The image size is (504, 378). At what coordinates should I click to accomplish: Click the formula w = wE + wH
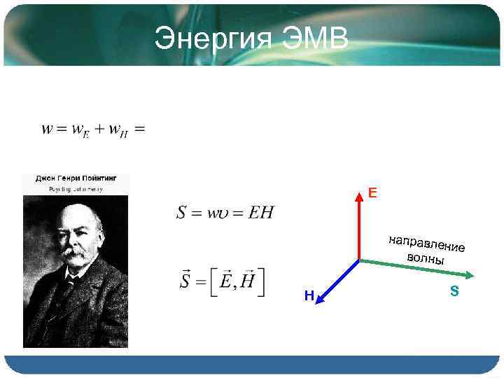[93, 129]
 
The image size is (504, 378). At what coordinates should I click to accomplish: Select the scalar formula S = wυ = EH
[225, 212]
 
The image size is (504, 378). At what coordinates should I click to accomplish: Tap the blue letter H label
[309, 297]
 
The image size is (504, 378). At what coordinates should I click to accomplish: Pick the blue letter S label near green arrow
[454, 290]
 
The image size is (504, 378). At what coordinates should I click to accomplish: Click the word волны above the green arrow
[425, 257]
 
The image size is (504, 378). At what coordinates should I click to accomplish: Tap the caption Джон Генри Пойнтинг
[76, 178]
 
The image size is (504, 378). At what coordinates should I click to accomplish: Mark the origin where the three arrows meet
[359, 260]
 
